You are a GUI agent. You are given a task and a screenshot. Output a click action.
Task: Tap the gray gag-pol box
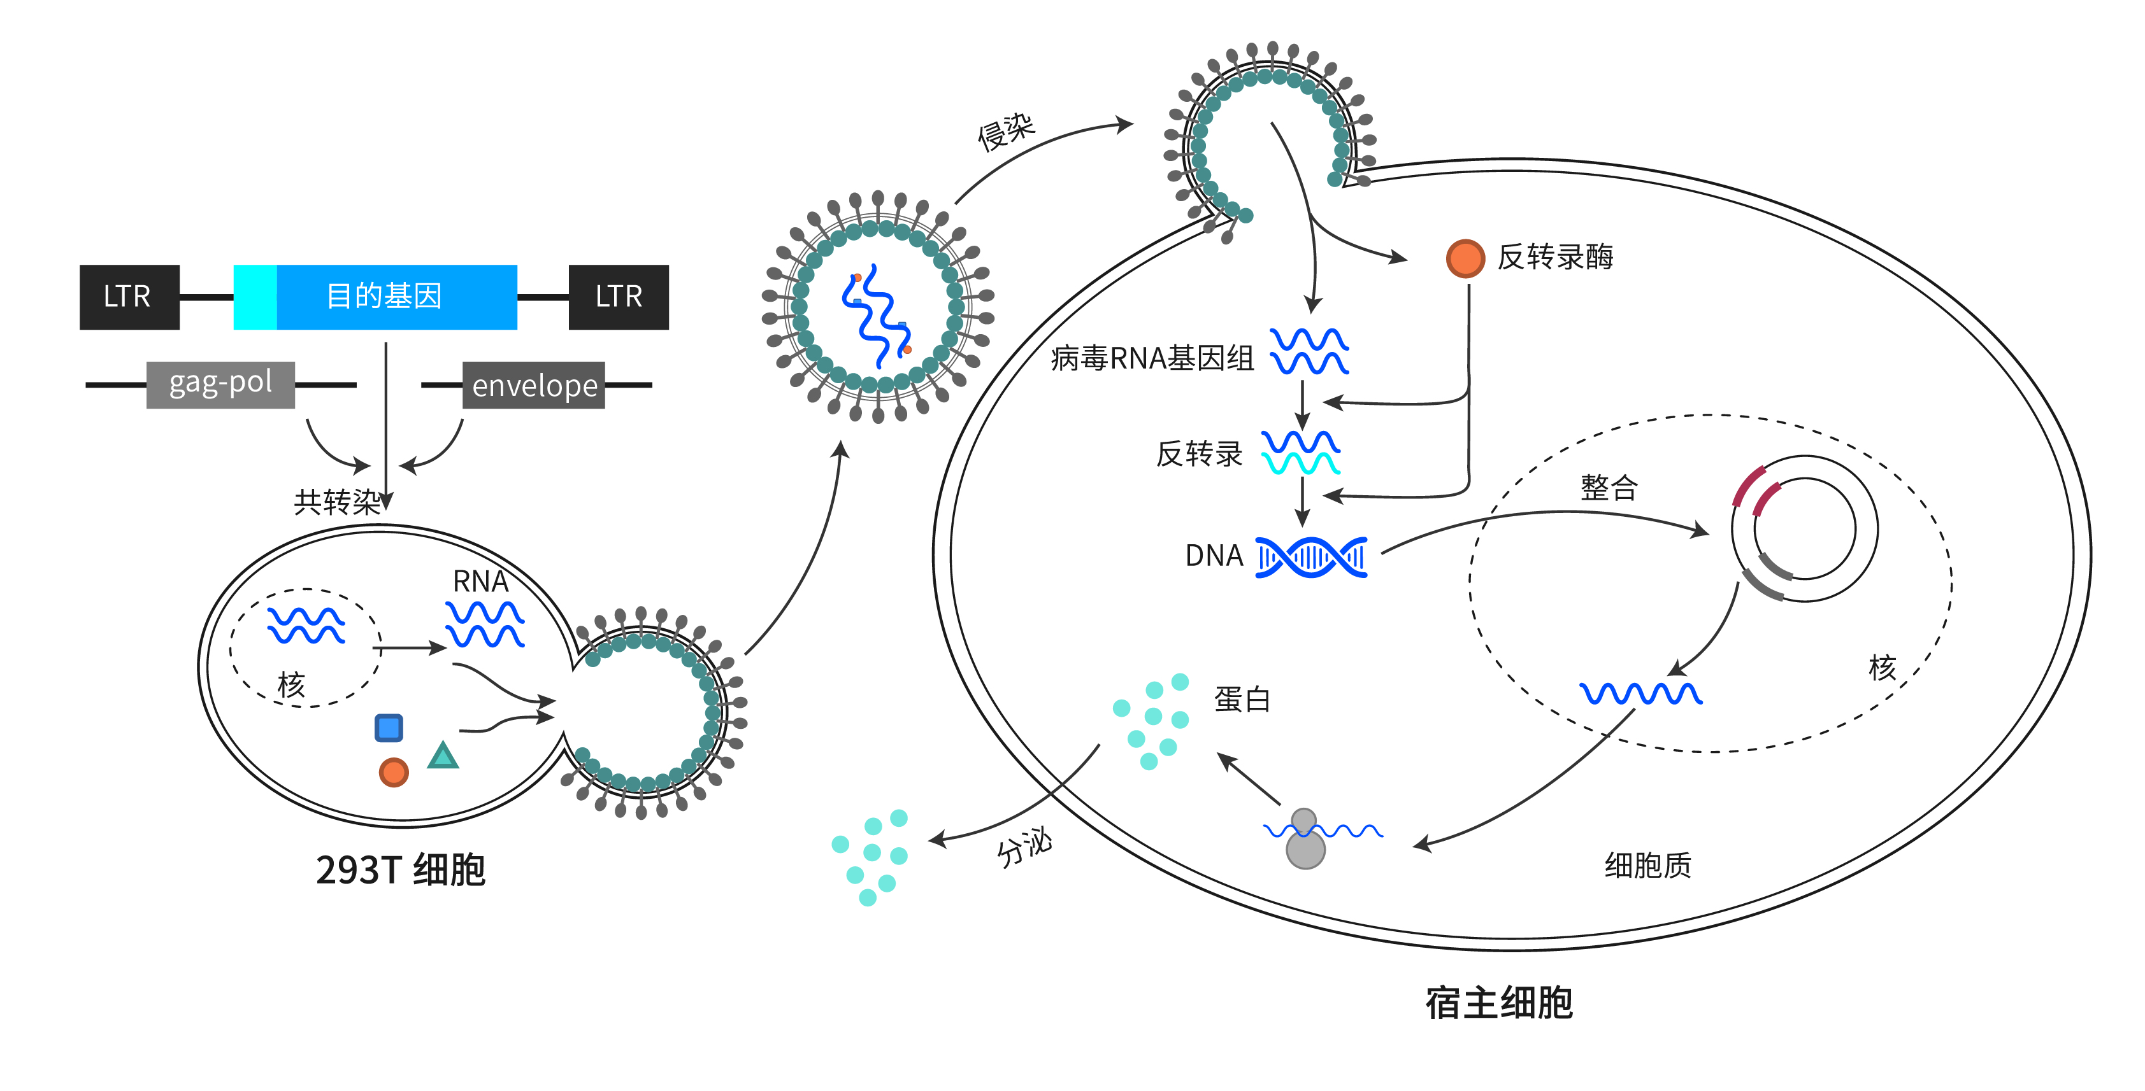[x=220, y=384]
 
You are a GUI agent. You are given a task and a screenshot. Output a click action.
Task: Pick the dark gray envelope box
[x=534, y=385]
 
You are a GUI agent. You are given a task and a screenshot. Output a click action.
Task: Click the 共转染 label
[x=336, y=502]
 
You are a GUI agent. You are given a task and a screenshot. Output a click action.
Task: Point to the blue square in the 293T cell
[x=389, y=728]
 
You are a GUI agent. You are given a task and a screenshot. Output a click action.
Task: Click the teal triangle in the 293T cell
[x=443, y=756]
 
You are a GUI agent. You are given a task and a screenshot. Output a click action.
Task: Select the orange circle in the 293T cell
[x=394, y=772]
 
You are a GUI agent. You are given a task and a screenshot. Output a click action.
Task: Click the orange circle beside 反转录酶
[x=1465, y=258]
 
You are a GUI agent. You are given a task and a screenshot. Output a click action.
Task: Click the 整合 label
[x=1609, y=488]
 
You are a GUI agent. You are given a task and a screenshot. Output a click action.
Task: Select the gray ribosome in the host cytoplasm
[x=1305, y=840]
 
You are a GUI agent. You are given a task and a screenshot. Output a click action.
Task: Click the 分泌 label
[x=1024, y=848]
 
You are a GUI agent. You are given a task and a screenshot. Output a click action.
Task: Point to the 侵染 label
[x=1006, y=132]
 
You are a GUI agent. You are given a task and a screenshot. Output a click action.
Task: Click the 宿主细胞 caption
[x=1499, y=1003]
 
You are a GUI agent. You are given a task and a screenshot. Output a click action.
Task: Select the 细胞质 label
[x=1648, y=866]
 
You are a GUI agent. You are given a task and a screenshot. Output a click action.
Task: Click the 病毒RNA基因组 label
[x=1152, y=358]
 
